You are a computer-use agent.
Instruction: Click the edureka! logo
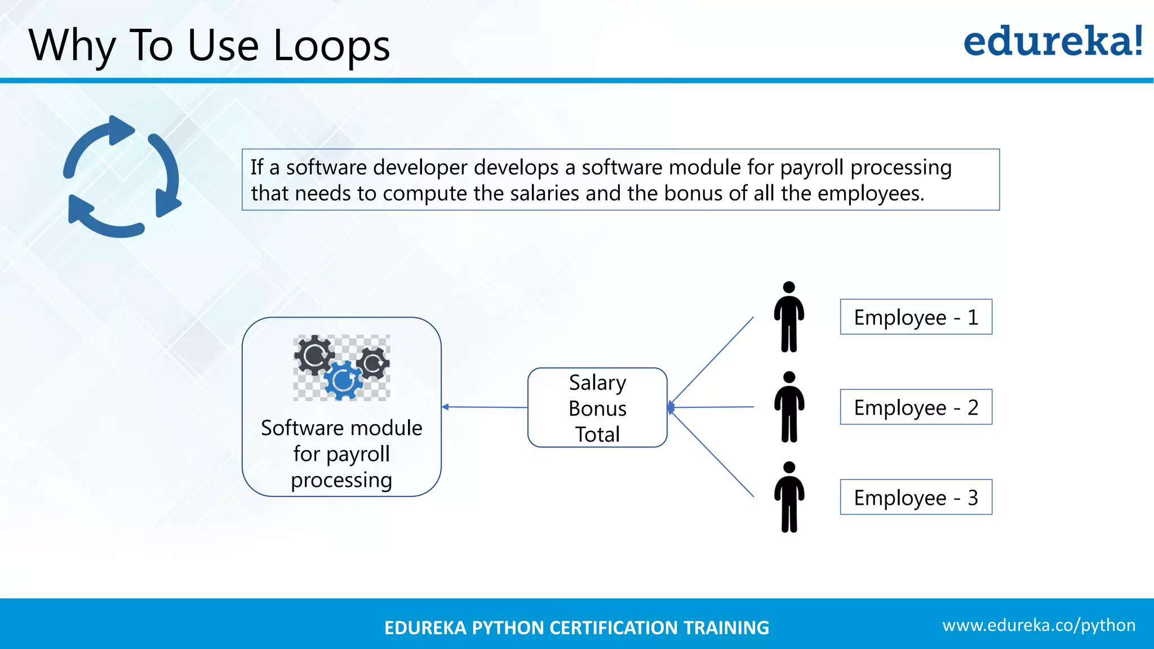(x=1053, y=42)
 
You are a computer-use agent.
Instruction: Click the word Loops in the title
(x=331, y=46)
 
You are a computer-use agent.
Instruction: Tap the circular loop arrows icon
(x=122, y=177)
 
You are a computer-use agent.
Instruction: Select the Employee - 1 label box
(x=916, y=317)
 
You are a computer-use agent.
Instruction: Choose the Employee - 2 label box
(x=916, y=407)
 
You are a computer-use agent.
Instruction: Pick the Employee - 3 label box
(x=916, y=497)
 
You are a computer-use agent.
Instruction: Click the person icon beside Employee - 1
(x=789, y=317)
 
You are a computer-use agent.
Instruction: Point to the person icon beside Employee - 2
(x=789, y=407)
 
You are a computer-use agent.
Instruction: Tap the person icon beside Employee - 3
(x=789, y=497)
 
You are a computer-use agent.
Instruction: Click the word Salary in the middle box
(x=597, y=383)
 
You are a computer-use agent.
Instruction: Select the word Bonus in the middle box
(x=597, y=408)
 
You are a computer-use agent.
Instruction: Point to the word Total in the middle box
(x=597, y=434)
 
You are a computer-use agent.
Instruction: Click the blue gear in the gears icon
(x=342, y=381)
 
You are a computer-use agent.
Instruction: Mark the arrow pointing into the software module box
(x=451, y=407)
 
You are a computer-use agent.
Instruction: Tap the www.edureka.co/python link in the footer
(x=1038, y=625)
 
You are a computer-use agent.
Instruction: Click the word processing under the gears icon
(x=341, y=480)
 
